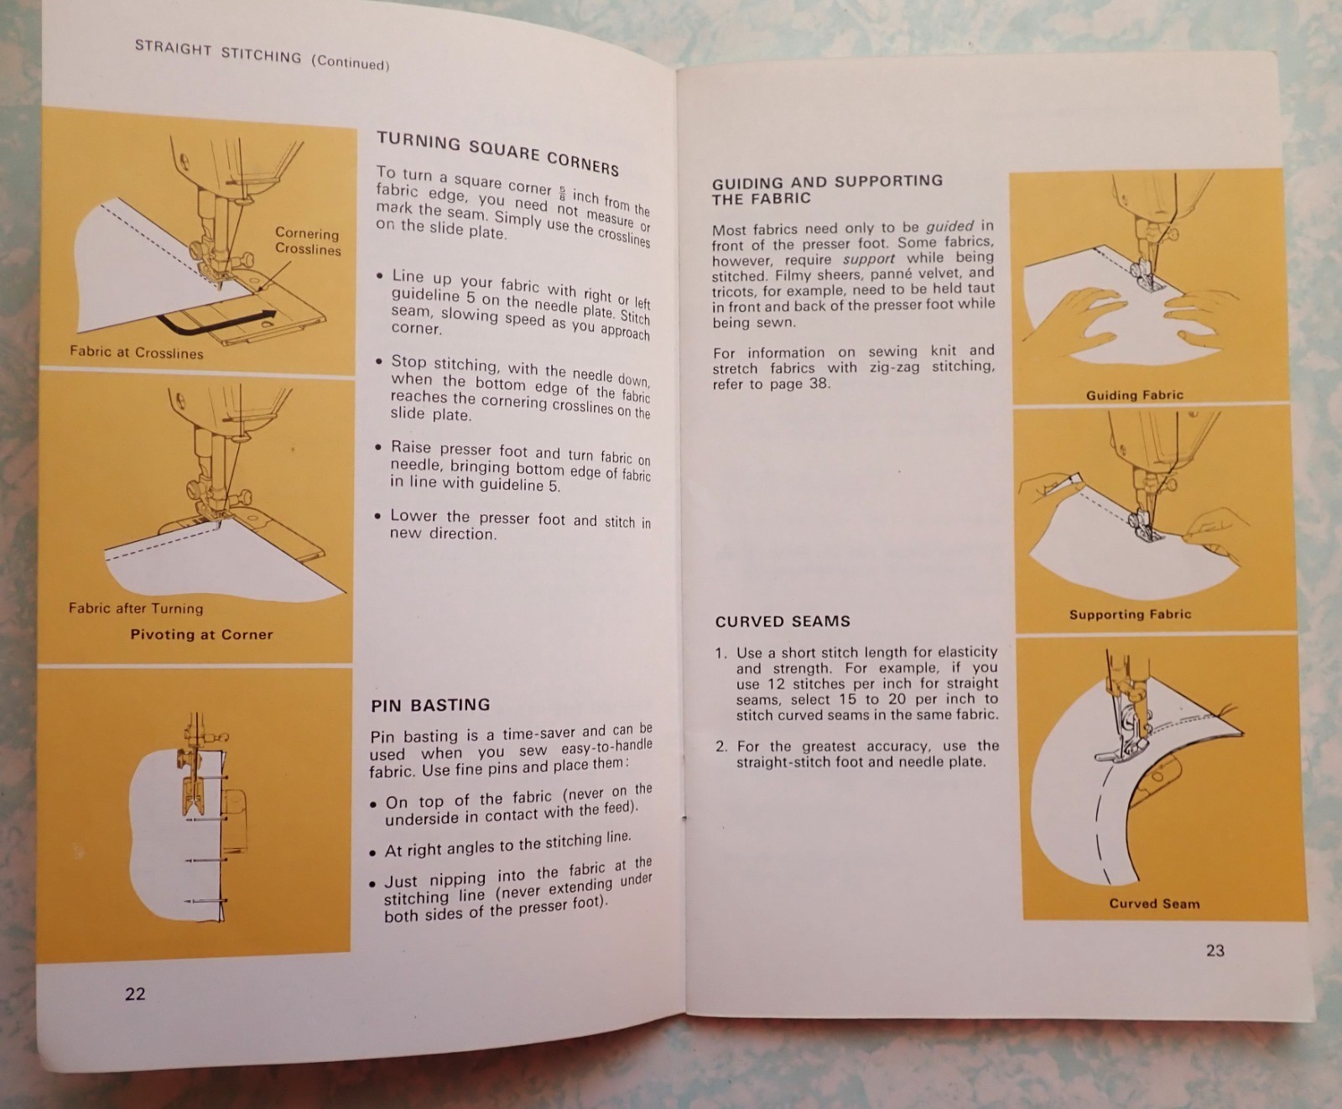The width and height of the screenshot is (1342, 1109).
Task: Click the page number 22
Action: [x=135, y=994]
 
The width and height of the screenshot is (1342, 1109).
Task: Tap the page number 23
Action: [x=1215, y=950]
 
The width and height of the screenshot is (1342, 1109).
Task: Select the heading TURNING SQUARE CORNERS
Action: [x=497, y=153]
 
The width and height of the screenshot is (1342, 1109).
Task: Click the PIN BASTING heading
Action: [x=430, y=705]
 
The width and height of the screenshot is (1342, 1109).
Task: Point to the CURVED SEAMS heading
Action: [x=783, y=622]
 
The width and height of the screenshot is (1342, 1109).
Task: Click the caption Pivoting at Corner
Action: [x=201, y=635]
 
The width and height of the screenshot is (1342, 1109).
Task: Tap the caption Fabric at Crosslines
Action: [x=137, y=352]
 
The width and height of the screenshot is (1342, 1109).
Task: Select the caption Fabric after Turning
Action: [x=136, y=608]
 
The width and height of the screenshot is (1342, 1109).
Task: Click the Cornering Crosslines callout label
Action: [x=307, y=242]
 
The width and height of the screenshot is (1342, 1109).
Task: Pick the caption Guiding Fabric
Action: [x=1134, y=395]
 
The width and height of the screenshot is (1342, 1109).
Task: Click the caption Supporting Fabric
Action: [x=1130, y=614]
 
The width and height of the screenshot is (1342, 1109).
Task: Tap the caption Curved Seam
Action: [x=1154, y=903]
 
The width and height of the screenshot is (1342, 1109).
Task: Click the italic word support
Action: [x=869, y=259]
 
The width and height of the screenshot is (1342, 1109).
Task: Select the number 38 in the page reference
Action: [x=819, y=384]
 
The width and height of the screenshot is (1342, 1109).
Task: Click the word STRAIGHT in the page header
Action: [x=172, y=49]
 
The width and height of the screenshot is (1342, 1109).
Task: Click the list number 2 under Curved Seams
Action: [x=720, y=747]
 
